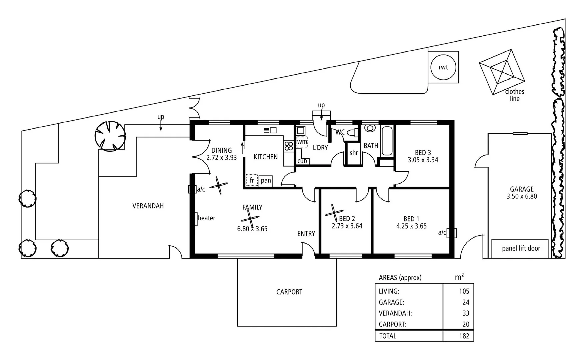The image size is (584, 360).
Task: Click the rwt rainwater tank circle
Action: (443, 67)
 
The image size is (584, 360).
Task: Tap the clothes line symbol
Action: (502, 72)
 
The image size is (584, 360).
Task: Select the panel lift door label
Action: (521, 248)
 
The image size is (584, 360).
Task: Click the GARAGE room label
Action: (522, 189)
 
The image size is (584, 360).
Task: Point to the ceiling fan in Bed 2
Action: (334, 213)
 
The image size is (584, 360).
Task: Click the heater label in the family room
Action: (206, 218)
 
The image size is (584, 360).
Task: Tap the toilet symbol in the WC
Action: (352, 133)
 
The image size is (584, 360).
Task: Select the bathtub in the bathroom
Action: (387, 141)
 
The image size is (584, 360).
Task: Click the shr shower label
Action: (354, 153)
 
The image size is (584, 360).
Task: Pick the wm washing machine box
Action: (302, 142)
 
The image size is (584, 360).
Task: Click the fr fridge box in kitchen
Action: (252, 180)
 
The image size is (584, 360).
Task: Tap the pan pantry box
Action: (266, 180)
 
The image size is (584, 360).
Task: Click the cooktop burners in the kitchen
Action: (289, 146)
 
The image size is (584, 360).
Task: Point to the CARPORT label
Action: (289, 292)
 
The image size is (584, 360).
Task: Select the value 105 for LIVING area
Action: (464, 291)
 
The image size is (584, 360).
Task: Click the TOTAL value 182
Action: (464, 336)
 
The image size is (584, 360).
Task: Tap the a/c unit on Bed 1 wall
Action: (452, 233)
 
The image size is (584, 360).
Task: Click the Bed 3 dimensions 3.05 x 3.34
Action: (423, 160)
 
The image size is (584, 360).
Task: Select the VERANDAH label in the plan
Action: (148, 206)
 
